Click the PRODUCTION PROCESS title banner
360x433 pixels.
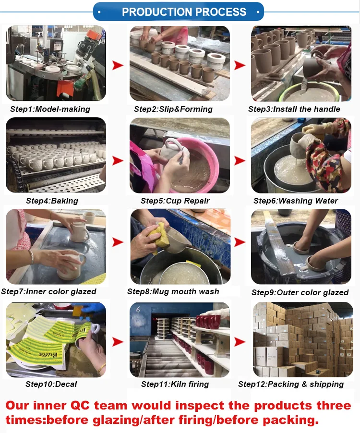[179, 12]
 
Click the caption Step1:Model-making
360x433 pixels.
[50, 109]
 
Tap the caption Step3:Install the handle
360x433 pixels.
[294, 109]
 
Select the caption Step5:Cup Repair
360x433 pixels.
[175, 201]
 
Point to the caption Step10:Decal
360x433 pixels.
[51, 384]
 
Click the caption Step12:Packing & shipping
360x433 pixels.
[291, 384]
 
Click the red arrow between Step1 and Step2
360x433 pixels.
[118, 65]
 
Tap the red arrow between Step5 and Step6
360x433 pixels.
[240, 160]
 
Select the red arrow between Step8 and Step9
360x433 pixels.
[240, 242]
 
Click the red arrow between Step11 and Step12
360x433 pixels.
[240, 342]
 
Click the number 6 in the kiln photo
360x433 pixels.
[138, 310]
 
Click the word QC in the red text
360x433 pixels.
[80, 405]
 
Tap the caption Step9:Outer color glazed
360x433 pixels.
[300, 292]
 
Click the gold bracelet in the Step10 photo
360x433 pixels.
[102, 368]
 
